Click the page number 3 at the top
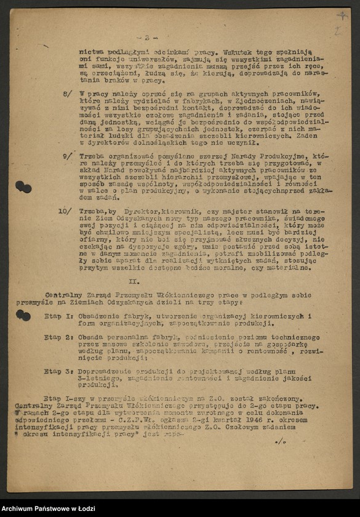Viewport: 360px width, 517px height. pos(146,38)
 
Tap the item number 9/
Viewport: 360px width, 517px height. pos(67,157)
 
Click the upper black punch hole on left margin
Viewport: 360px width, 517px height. pos(23,186)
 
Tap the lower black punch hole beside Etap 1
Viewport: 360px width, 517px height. pos(23,315)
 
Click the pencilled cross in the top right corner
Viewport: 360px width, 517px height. pos(342,17)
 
